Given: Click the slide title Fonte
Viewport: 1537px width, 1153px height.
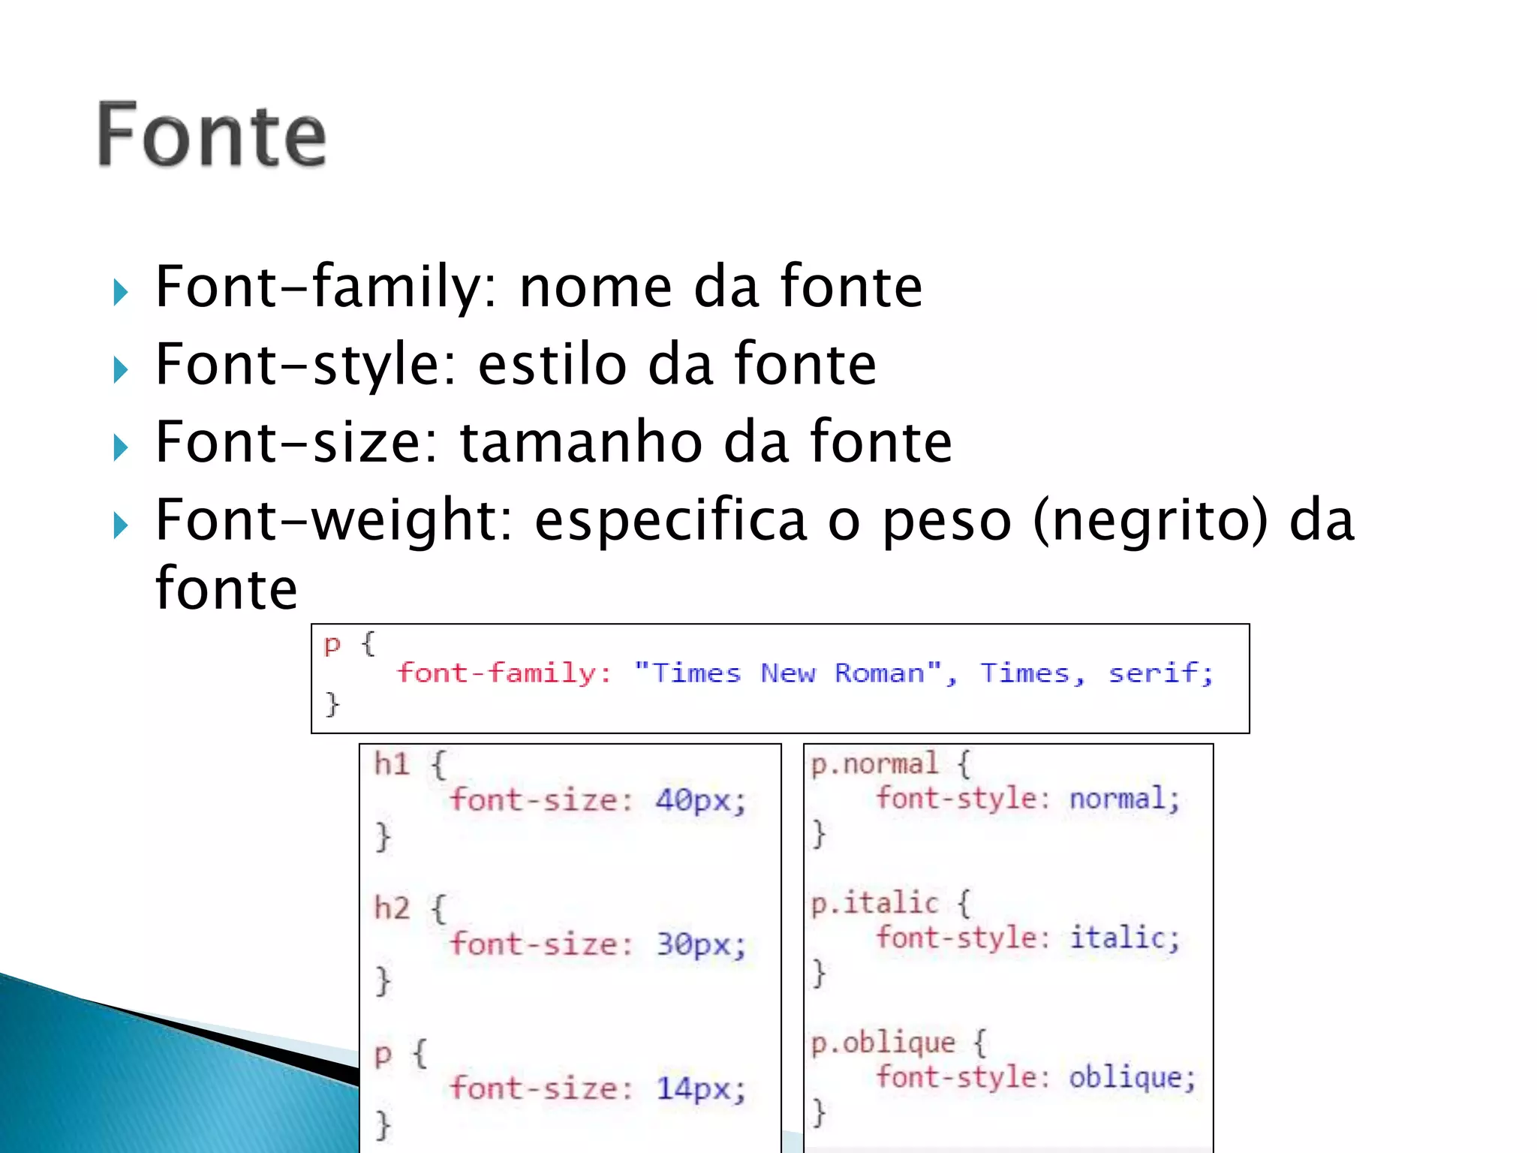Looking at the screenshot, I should [212, 135].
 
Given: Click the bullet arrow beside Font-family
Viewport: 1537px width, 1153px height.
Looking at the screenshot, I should [120, 292].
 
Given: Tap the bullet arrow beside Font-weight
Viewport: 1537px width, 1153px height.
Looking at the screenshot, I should [120, 525].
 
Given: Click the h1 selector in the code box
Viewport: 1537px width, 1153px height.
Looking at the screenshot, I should [392, 764].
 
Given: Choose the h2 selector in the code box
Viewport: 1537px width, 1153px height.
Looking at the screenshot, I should [392, 908].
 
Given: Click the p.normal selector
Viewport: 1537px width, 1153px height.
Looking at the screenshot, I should [875, 764].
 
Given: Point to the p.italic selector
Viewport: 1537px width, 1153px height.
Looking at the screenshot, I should [875, 903].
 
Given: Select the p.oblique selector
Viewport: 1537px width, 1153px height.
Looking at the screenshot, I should [883, 1043].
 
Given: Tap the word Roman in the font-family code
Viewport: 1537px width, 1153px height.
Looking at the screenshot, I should [880, 673].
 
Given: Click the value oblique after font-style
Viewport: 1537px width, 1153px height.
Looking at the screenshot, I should [1125, 1078].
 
